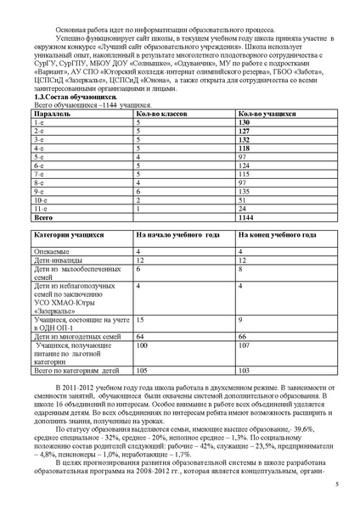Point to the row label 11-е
point(39,208)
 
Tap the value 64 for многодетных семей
point(141,338)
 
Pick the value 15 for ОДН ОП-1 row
point(141,320)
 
